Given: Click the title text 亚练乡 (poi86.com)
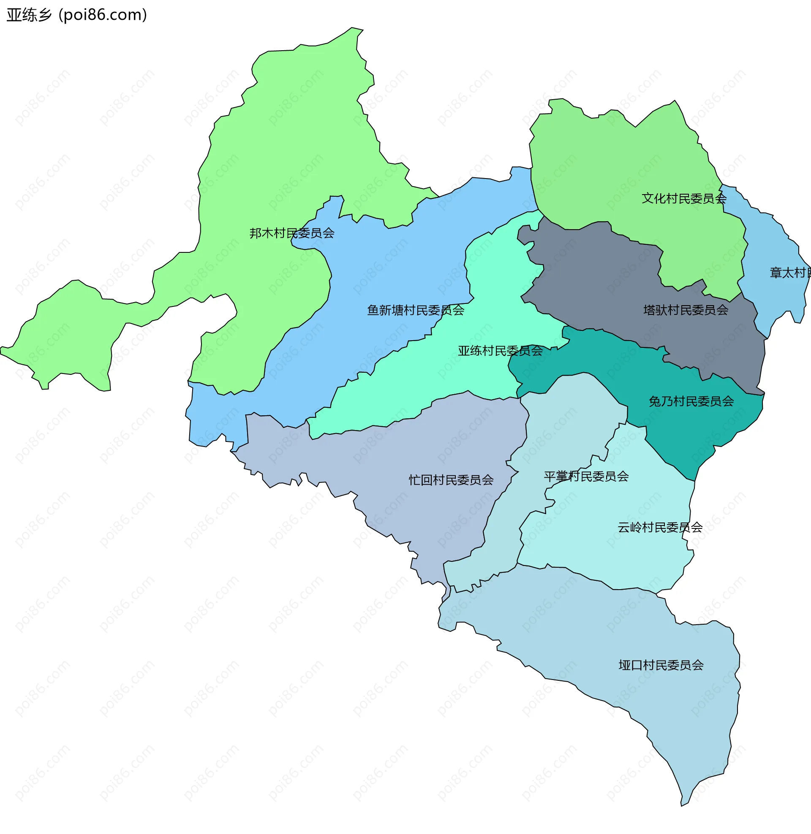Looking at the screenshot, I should point(77,15).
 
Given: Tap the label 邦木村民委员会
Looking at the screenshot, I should point(292,233).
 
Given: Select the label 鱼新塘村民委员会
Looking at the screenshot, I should point(415,310).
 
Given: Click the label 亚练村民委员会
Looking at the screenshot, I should point(500,351).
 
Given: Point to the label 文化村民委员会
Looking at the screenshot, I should point(683,198).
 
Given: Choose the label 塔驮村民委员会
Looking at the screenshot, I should point(686,310).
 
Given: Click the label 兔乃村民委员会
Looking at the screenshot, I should point(691,401).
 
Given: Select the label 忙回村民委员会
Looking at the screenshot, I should point(451,480).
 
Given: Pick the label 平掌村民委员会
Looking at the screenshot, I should point(586,476).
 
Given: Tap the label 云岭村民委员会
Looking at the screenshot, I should point(660,528).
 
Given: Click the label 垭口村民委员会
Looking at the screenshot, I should point(661,665).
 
